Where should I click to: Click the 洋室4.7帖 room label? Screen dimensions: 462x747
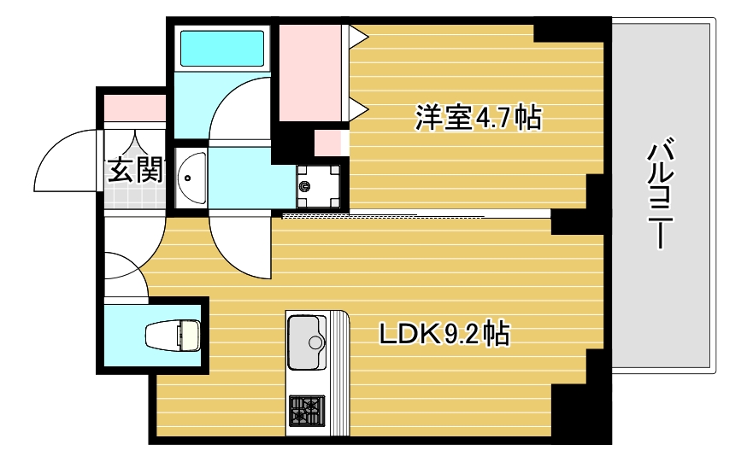[478, 118]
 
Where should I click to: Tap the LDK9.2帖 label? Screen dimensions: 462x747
[444, 333]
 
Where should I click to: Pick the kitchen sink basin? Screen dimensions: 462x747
[306, 342]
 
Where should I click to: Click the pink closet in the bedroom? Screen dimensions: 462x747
[310, 73]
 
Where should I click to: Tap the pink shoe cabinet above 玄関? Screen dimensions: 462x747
[134, 108]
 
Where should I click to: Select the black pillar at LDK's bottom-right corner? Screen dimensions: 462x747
[581, 410]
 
